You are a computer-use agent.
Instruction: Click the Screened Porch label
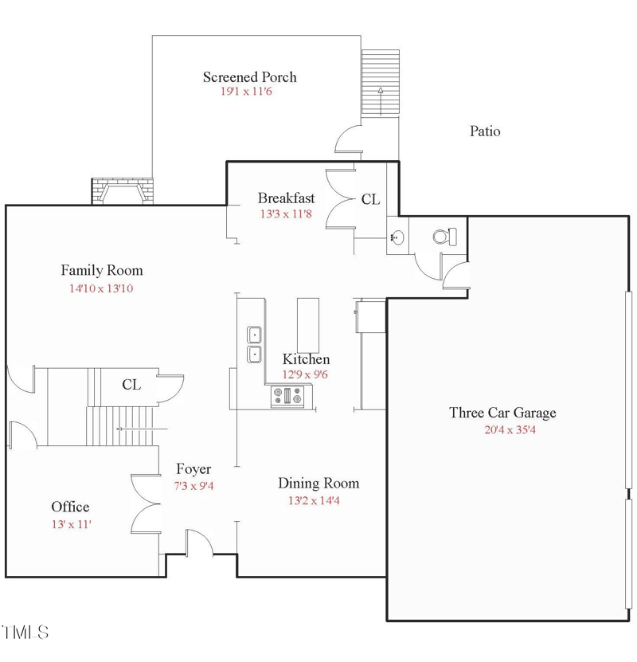(249, 77)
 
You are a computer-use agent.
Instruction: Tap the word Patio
(484, 131)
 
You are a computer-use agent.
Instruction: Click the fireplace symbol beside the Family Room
(122, 191)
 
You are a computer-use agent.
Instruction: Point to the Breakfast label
(286, 198)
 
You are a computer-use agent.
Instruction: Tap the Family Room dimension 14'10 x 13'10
(101, 288)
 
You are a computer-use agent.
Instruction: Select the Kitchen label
(306, 359)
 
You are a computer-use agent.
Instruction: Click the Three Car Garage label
(502, 413)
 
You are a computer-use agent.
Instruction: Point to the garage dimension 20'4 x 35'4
(503, 430)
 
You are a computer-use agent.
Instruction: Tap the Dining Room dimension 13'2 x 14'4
(318, 501)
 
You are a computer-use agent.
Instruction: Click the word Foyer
(193, 469)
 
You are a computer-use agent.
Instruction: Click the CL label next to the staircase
(131, 385)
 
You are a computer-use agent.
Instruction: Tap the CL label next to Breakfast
(370, 200)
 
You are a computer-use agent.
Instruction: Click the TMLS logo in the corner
(26, 633)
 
